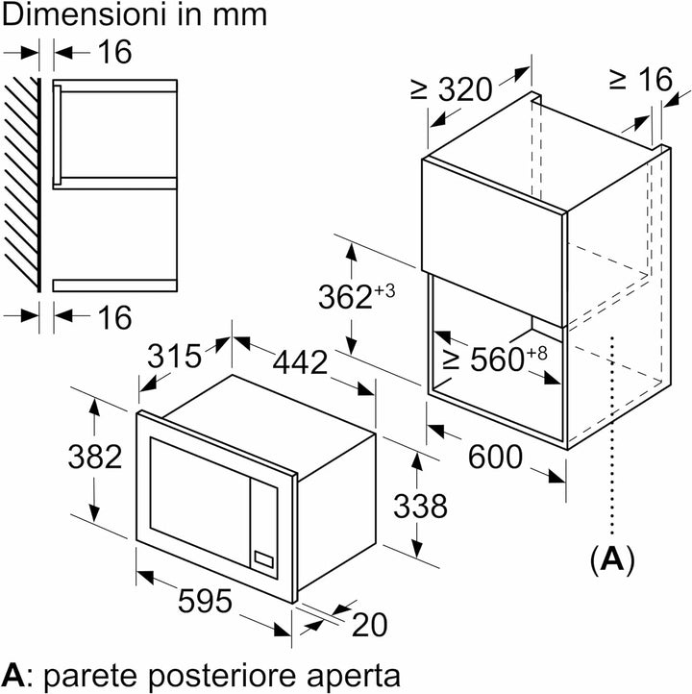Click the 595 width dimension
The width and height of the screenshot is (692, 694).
point(205,601)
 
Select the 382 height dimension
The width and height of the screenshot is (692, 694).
point(95,457)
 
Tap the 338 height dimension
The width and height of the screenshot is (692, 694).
point(420,507)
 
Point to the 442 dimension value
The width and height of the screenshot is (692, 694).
point(300,362)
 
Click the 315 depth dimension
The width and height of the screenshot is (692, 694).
point(174,356)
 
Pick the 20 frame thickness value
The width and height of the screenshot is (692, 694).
point(369,625)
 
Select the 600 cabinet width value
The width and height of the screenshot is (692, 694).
point(495,457)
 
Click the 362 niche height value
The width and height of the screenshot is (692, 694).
point(346,297)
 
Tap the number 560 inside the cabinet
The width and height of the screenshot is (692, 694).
point(497,359)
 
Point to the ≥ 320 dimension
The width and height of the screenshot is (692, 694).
point(452,89)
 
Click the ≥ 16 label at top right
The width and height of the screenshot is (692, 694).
point(641,80)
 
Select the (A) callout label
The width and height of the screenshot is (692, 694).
point(612,559)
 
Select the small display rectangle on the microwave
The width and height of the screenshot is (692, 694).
point(263,559)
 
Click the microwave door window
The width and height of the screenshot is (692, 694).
point(200,502)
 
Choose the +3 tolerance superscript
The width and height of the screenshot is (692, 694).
point(384,291)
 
